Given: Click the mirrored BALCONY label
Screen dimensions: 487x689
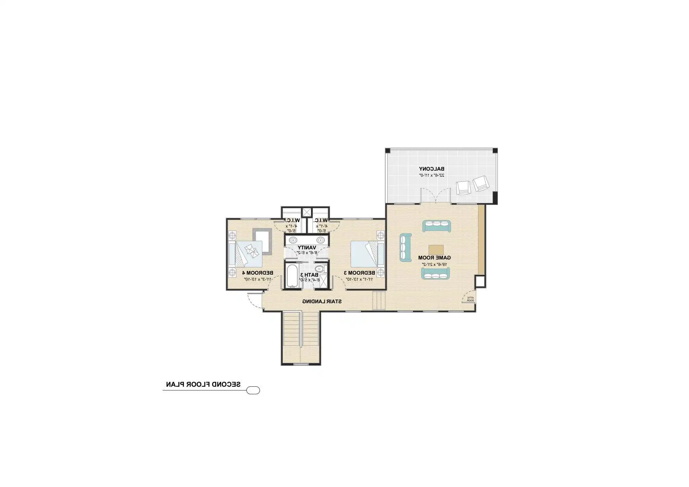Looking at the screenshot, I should [x=431, y=169].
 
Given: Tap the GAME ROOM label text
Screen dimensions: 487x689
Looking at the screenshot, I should [x=434, y=257].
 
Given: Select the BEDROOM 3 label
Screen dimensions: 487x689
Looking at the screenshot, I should [x=359, y=272].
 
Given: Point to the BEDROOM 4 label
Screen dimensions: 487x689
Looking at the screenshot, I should [x=258, y=272].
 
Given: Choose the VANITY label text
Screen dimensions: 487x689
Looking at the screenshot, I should [x=306, y=247].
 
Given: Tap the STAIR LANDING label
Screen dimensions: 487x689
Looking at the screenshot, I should [x=322, y=301].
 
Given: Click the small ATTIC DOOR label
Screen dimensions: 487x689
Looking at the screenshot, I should [x=470, y=299].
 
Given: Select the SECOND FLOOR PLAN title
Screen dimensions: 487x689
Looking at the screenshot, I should [x=203, y=384].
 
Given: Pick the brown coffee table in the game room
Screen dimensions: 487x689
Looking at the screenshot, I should [x=436, y=250].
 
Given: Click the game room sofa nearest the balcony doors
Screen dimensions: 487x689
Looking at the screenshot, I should [x=436, y=226].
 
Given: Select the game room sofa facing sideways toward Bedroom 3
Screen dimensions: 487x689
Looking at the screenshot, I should [x=405, y=247].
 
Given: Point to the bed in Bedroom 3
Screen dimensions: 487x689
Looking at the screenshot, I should [x=367, y=253].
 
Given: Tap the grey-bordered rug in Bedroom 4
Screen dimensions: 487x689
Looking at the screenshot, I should [x=262, y=241].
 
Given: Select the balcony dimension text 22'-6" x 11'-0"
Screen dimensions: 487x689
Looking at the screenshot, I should [x=432, y=175].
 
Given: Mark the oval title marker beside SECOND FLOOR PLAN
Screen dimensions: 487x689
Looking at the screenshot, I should [x=253, y=390].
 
